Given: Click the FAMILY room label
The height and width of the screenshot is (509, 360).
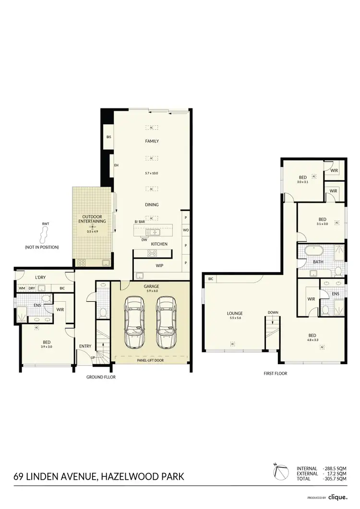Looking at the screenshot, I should (x=152, y=142).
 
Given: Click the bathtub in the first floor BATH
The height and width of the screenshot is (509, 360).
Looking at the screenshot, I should (x=317, y=250).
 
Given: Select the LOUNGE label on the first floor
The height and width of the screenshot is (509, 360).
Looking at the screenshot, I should (x=235, y=314).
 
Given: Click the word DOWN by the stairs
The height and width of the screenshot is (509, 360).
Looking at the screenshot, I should (x=273, y=312).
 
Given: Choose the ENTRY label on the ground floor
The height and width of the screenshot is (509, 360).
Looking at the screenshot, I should (x=85, y=346).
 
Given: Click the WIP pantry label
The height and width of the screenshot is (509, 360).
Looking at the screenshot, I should (x=159, y=265).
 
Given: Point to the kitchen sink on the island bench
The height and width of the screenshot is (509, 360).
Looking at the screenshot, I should (x=154, y=232).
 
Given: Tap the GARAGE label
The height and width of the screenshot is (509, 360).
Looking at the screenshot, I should (x=152, y=286).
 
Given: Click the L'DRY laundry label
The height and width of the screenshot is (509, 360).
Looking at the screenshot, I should (x=40, y=278).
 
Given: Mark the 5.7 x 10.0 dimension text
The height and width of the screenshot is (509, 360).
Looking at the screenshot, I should (x=152, y=173).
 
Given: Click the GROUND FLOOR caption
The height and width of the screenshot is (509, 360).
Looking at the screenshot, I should (x=101, y=377).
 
